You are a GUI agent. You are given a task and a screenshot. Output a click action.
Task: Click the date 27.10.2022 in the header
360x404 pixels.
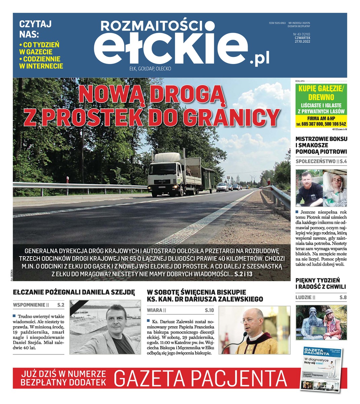[302, 42]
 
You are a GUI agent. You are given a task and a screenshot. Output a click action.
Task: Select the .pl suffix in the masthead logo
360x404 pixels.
[259, 59]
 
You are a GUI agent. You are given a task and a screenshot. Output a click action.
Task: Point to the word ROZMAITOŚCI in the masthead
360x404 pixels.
[153, 26]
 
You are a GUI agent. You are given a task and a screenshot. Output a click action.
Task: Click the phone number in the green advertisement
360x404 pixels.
[321, 124]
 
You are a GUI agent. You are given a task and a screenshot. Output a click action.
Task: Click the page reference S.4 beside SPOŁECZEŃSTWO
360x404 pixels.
[343, 161]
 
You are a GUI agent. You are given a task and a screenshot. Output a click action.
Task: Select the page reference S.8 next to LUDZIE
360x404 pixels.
[343, 297]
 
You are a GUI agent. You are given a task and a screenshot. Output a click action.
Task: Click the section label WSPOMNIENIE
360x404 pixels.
[29, 305]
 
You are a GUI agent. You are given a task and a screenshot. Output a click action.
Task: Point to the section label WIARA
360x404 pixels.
[155, 310]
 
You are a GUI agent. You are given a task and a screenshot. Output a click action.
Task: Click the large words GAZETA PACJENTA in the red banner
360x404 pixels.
[201, 378]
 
